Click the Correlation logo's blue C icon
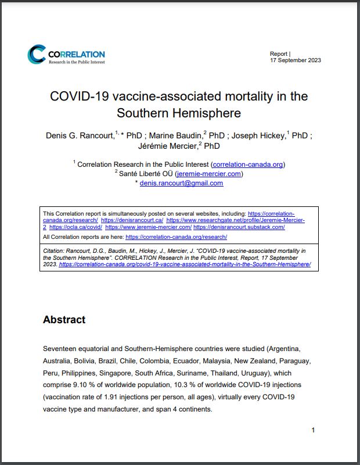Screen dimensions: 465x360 [36, 54]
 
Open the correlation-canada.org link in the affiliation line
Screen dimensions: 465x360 [248, 164]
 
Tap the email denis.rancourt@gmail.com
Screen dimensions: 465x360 [181, 183]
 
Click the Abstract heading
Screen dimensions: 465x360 [64, 320]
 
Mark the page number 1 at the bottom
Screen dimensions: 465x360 [313, 430]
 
